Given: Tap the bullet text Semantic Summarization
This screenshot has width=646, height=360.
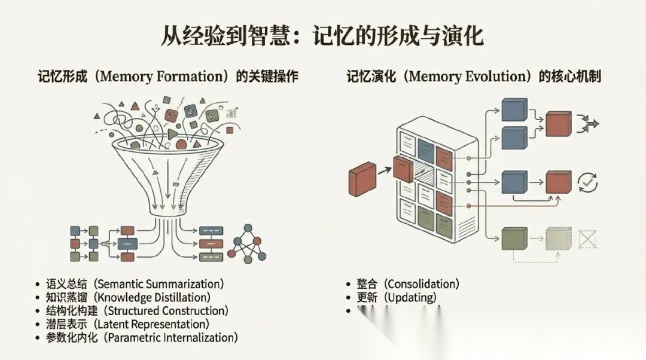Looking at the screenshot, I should click(x=160, y=283).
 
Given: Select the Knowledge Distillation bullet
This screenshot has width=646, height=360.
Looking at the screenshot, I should click(x=153, y=297).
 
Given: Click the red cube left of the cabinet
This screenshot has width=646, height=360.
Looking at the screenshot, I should click(x=362, y=182).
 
